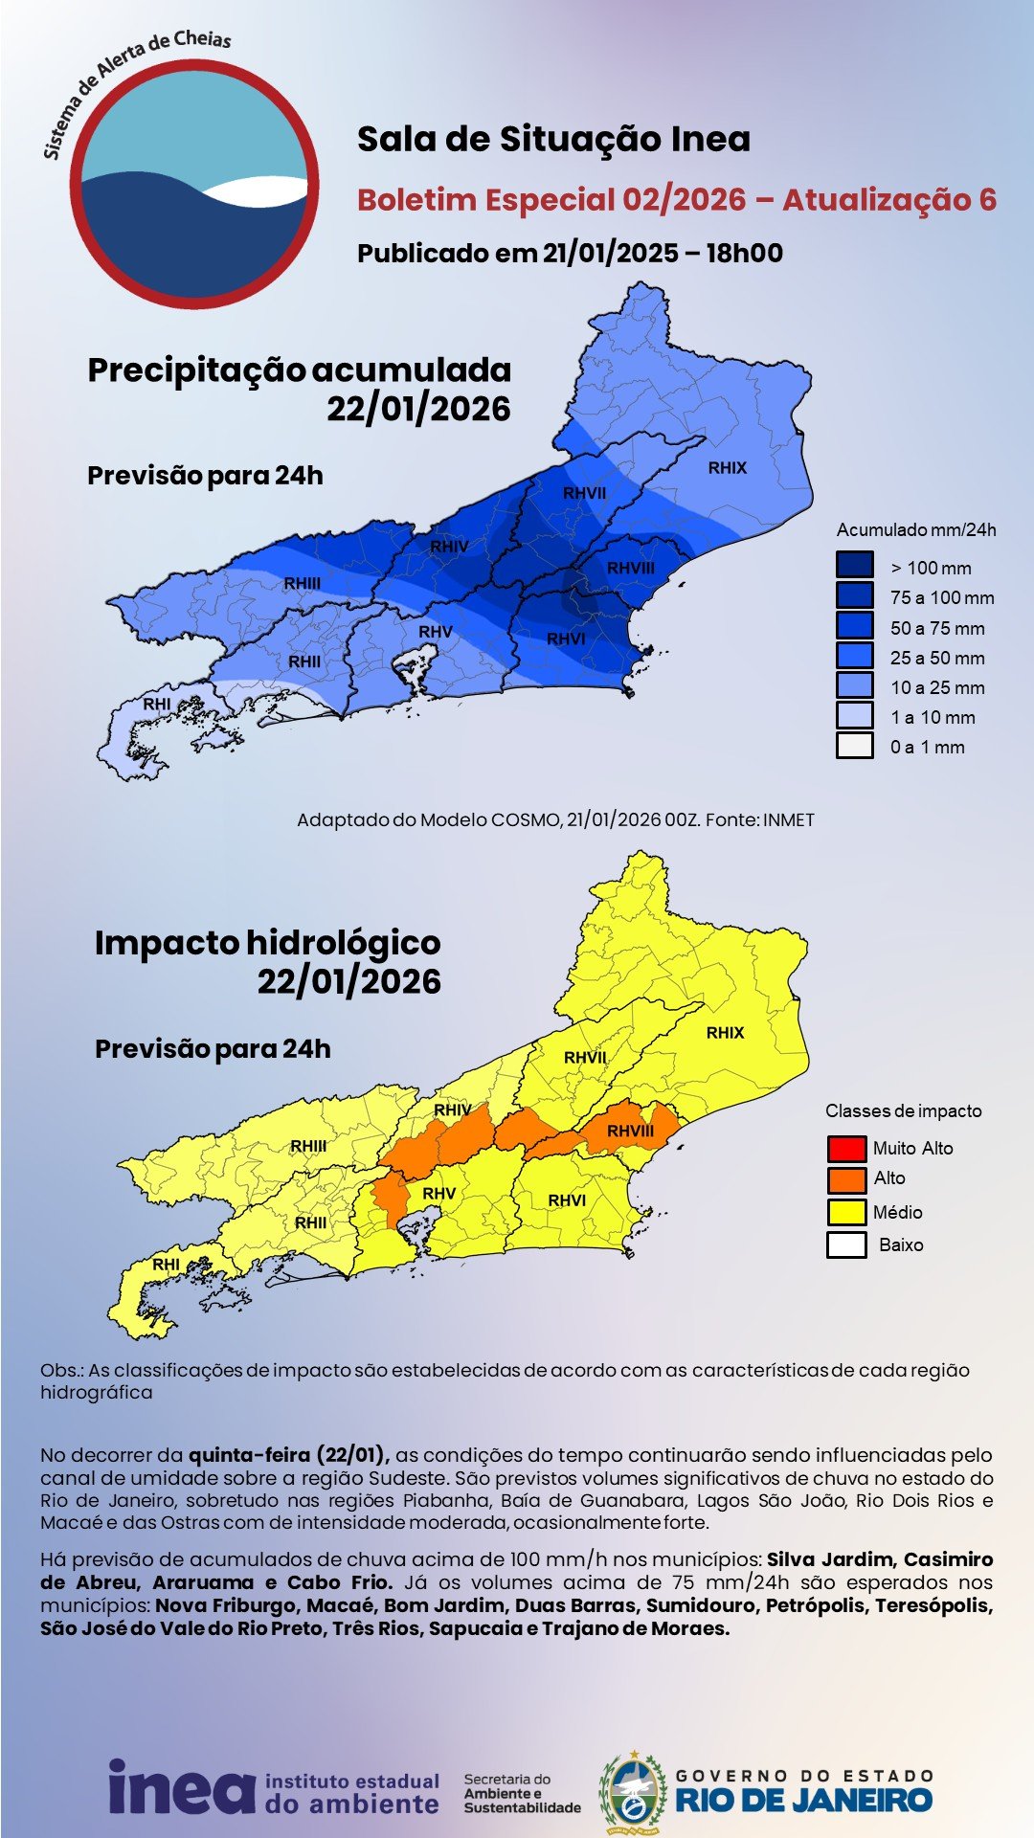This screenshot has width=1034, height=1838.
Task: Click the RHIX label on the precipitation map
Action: (728, 468)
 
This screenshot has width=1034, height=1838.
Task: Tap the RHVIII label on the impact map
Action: (630, 1132)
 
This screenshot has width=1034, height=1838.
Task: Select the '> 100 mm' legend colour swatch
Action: (854, 565)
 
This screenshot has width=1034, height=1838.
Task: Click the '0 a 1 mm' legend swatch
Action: (854, 746)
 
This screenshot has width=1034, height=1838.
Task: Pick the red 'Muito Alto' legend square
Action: (846, 1148)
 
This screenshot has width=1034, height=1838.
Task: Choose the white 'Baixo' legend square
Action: (846, 1244)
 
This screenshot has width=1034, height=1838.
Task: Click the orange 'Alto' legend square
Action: (846, 1178)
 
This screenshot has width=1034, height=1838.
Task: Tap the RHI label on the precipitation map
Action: (157, 705)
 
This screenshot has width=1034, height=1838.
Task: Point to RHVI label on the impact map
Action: (567, 1200)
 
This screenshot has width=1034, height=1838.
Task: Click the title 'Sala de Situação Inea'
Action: (553, 140)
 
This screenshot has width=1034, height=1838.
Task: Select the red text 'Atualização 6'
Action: (889, 200)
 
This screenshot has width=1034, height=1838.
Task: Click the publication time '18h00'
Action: (745, 254)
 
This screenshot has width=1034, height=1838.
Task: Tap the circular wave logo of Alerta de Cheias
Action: (194, 184)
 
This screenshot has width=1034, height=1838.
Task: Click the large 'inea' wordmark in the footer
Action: (181, 1786)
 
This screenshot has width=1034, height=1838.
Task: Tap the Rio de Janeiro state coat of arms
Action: (632, 1792)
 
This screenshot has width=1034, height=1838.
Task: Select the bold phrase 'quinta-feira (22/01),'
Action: (288, 1455)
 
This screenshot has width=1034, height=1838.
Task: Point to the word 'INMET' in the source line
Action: (788, 820)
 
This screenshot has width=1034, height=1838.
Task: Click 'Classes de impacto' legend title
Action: (903, 1111)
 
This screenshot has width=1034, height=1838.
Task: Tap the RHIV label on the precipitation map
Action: (449, 547)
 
